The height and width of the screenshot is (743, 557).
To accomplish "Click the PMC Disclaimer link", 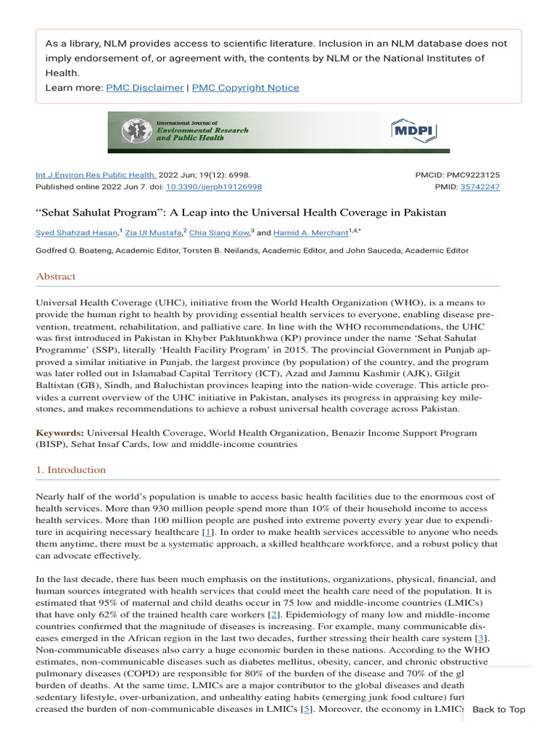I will tap(144, 88).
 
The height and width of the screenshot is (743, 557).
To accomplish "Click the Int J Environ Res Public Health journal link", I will tap(96, 175).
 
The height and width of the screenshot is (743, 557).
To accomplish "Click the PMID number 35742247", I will tap(479, 186).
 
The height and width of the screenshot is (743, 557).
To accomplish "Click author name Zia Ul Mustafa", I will tap(153, 233).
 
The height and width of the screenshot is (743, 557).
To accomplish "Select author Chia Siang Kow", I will tap(219, 233).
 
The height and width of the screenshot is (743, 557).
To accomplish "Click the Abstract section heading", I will tap(56, 276).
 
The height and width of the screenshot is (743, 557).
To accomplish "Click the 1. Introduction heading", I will tap(71, 469).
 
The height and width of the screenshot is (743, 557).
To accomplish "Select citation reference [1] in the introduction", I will tap(208, 532).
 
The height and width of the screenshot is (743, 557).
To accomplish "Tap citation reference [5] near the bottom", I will tap(308, 709).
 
